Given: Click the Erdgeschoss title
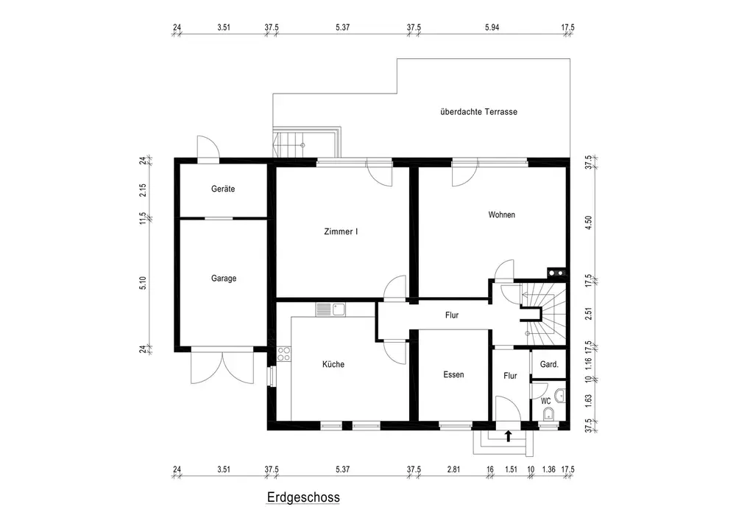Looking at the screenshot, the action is [x=303, y=497].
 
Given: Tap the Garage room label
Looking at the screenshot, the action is [x=224, y=278].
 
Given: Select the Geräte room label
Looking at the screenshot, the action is [x=223, y=189].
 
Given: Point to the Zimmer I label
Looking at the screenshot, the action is [x=341, y=231].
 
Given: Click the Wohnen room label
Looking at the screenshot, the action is [x=501, y=214].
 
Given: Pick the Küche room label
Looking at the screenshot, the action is [x=333, y=364].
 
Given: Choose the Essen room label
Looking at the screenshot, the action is [x=453, y=374].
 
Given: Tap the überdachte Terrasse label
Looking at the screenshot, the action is [x=479, y=112].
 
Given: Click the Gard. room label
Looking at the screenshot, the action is [x=549, y=364].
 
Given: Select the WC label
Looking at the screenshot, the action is [x=546, y=401].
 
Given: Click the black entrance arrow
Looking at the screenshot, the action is [x=508, y=436].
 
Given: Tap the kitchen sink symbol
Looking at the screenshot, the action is [x=331, y=310].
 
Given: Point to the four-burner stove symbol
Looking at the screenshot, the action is [x=284, y=354].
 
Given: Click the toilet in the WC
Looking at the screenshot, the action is [x=548, y=414].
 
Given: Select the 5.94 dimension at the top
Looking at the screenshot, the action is [x=492, y=27].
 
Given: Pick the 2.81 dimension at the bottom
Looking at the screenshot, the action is [x=453, y=469].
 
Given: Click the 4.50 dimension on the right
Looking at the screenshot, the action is [x=590, y=223].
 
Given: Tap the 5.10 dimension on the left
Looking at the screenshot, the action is [x=143, y=283].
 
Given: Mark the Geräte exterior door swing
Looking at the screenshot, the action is [x=208, y=148].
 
